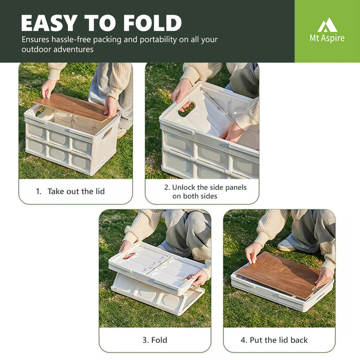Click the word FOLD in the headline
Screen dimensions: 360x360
(x=153, y=23)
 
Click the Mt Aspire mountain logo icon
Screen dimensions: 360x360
(x=327, y=25)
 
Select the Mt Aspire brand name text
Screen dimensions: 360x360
(x=327, y=38)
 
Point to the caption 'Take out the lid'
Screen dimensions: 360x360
(x=76, y=191)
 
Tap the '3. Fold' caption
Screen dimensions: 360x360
(x=155, y=340)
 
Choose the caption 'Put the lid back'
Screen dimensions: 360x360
(x=279, y=340)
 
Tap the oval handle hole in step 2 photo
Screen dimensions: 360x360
(x=186, y=108)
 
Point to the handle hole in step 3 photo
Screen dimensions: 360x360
(x=129, y=256)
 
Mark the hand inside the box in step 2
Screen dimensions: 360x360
(x=231, y=131)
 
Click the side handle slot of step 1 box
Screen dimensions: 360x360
(x=107, y=133)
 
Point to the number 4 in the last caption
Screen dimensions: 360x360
(x=243, y=340)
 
